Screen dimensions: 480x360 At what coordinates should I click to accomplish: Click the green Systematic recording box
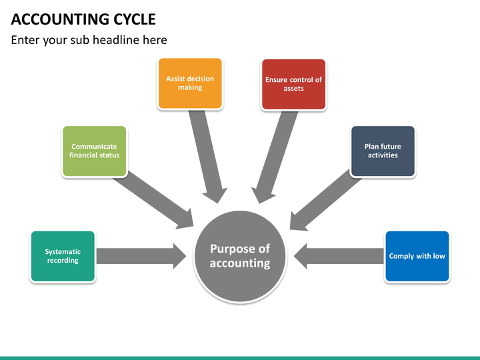pos(63,256)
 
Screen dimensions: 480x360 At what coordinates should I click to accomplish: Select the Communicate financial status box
pos(94,151)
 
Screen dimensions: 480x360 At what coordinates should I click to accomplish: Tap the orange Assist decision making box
pos(190,83)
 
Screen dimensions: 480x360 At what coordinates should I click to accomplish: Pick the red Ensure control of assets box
pos(293,84)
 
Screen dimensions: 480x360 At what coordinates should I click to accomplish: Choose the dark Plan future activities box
pos(383,151)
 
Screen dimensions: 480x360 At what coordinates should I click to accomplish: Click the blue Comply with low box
pos(417,256)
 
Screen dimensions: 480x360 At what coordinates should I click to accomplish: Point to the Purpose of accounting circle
pos(240,257)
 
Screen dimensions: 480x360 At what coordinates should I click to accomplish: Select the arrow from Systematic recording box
pos(141,256)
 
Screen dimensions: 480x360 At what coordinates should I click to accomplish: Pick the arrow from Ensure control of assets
pos(274,157)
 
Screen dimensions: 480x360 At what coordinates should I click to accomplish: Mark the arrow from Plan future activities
pos(325,201)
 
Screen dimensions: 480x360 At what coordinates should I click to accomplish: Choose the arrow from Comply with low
pos(339,256)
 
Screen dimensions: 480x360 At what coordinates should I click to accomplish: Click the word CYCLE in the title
pos(135,19)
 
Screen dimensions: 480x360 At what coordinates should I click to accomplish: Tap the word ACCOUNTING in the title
pos(60,19)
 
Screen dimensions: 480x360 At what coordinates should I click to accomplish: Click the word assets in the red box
pos(293,89)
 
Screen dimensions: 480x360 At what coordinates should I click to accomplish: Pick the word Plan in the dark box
pos(371,147)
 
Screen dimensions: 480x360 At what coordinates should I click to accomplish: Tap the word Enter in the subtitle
pos(25,40)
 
